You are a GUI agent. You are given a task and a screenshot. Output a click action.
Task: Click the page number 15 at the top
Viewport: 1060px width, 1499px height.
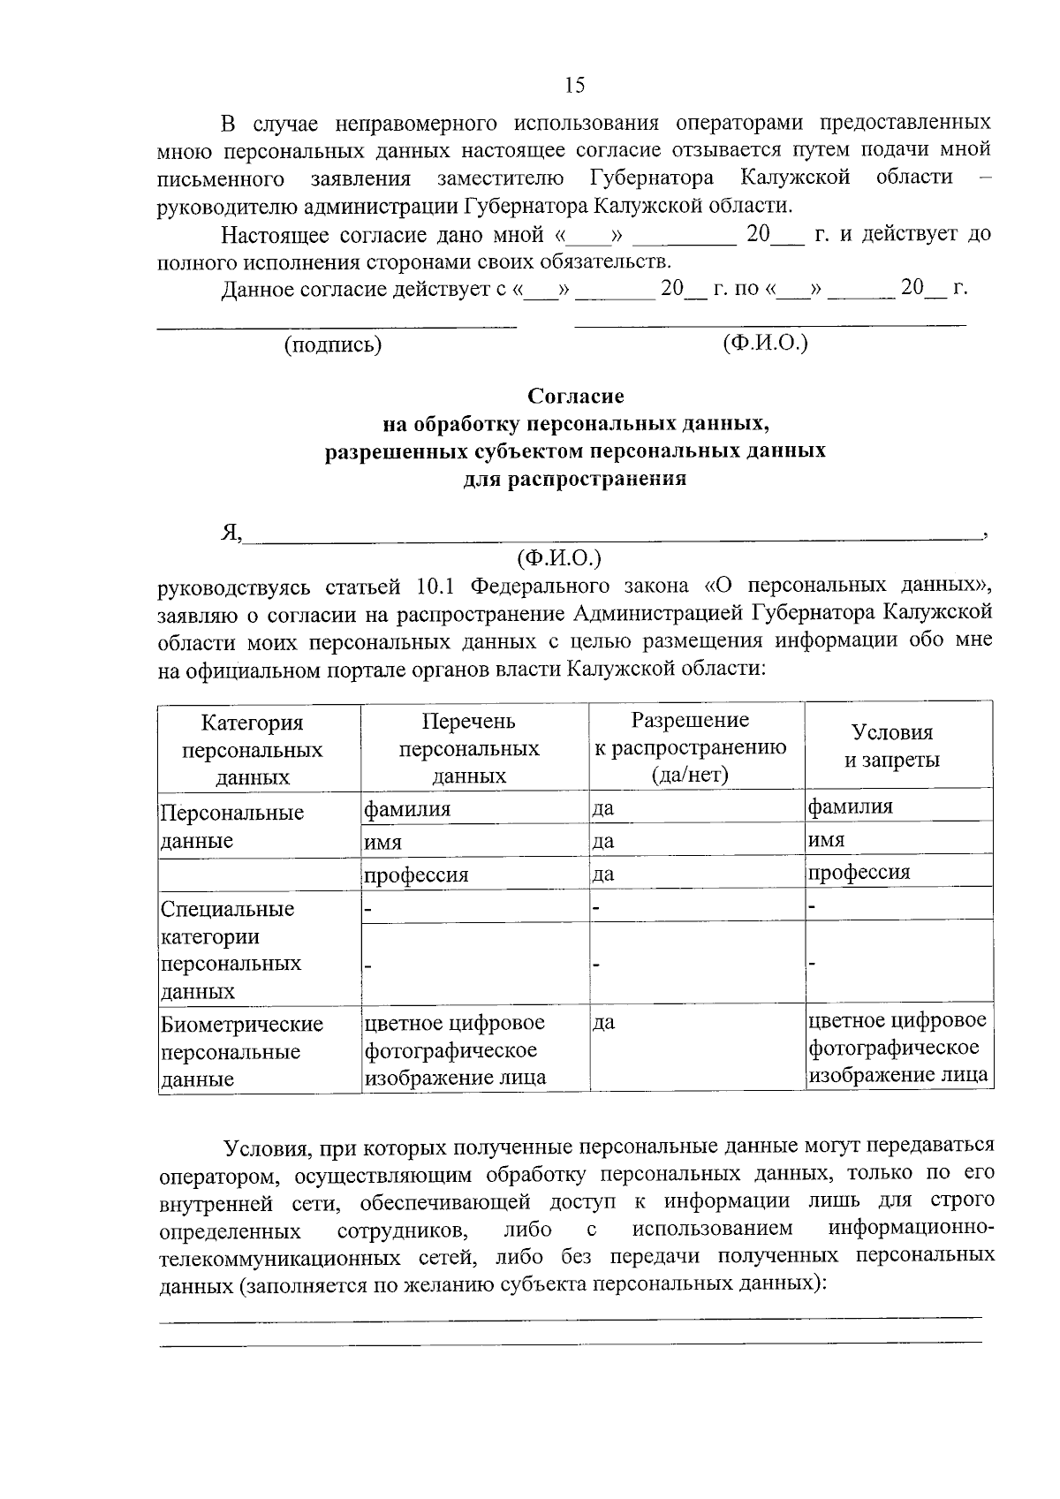574,85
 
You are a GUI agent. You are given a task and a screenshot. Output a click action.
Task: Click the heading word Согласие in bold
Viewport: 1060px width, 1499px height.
575,397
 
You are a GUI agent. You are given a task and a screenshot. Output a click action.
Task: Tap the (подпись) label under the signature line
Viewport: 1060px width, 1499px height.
332,345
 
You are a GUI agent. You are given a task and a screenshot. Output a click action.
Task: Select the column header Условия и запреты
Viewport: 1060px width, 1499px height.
891,746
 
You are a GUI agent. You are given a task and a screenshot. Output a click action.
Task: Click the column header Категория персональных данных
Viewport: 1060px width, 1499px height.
252,750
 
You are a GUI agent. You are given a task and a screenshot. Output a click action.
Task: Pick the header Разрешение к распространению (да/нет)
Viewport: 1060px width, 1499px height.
690,747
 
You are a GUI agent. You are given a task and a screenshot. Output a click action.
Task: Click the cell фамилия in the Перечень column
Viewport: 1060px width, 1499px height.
407,808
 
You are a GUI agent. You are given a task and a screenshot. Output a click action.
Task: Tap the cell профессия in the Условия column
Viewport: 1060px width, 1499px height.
859,872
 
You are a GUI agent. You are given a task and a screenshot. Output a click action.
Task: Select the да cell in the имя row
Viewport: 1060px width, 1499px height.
603,841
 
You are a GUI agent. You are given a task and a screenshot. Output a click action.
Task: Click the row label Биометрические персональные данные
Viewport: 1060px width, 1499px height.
241,1051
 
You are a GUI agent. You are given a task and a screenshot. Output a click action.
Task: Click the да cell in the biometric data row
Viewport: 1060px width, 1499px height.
604,1023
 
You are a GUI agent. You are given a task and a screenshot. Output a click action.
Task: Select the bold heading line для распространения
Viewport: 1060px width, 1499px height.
575,480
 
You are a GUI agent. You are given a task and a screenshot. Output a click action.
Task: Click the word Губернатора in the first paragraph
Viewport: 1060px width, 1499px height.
651,178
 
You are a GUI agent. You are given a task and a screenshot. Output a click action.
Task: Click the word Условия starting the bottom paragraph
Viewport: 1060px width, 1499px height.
264,1147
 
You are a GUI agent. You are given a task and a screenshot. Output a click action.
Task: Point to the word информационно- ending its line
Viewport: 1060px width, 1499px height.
911,1229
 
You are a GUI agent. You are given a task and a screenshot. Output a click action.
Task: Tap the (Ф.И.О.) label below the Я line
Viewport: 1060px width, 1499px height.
558,557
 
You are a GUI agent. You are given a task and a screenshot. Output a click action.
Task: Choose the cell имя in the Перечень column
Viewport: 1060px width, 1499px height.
383,843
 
